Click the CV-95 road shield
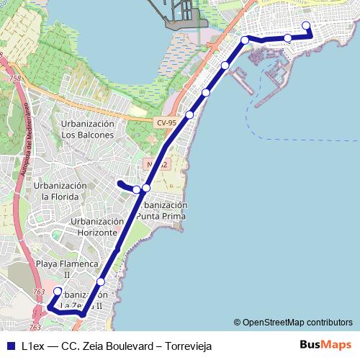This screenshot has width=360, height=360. point(166,123)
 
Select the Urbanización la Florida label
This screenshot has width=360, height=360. point(60,191)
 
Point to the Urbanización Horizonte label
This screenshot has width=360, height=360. point(94,228)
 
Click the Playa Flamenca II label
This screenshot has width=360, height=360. point(66,269)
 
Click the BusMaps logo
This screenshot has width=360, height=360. point(326,345)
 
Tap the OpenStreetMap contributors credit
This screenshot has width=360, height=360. point(297,323)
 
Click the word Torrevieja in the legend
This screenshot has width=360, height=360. point(189,346)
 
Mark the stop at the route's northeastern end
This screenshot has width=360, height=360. point(306,26)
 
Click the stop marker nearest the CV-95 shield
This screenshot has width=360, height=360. point(190,114)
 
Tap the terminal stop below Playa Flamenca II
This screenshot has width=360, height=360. point(58,292)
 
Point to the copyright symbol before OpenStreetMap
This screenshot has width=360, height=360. point(237,323)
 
